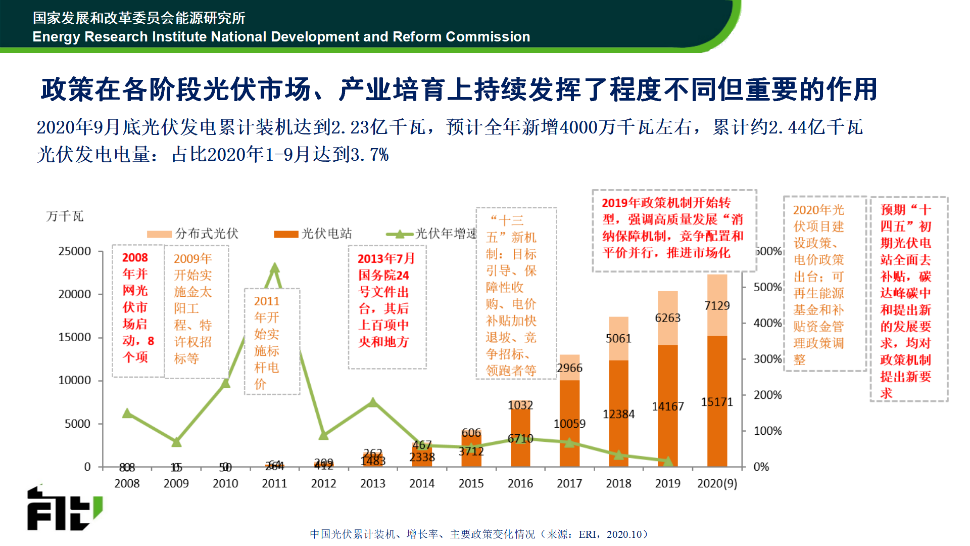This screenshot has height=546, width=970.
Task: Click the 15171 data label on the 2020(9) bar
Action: (x=716, y=402)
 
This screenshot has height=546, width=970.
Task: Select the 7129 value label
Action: (x=717, y=305)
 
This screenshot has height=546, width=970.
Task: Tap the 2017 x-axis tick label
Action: (x=569, y=483)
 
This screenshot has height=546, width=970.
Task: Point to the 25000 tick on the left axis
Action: (x=75, y=251)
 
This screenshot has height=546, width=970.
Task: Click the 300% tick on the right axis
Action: (x=767, y=359)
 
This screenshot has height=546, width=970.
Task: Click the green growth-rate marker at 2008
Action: (x=127, y=413)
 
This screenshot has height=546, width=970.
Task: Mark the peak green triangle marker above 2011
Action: (x=274, y=268)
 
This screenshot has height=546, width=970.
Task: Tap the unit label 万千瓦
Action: (x=65, y=216)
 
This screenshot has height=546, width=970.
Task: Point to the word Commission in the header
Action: (x=488, y=37)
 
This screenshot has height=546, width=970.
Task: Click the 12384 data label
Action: (x=618, y=414)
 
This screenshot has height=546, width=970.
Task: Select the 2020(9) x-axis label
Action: (x=717, y=483)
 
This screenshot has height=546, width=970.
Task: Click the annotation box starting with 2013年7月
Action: (x=387, y=306)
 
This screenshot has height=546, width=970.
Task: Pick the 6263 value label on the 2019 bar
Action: (x=667, y=318)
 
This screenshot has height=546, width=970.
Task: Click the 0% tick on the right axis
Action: (x=761, y=467)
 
